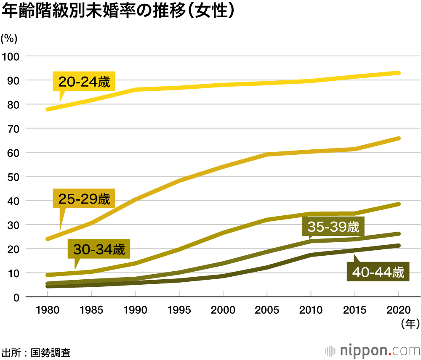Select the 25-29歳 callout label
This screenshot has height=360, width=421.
pos(84,199)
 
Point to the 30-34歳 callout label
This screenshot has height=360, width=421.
pos(99,249)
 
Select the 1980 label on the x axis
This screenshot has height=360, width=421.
pos(48,310)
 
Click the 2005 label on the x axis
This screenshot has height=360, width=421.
pos(267,310)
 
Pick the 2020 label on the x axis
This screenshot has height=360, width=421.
pos(398,310)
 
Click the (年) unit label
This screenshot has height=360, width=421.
pos(408,323)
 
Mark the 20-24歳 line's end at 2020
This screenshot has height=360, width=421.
pos(398,73)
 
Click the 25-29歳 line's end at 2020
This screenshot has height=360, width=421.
pos(398,138)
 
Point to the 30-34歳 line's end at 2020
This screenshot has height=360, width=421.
pos(398,204)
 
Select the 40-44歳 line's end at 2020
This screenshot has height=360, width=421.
pos(398,246)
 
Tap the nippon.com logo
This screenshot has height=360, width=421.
pos(373,350)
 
